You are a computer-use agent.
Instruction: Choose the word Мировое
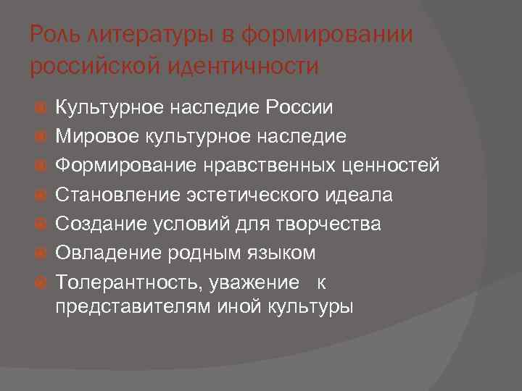click(x=89, y=137)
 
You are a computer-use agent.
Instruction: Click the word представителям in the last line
click(x=133, y=306)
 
